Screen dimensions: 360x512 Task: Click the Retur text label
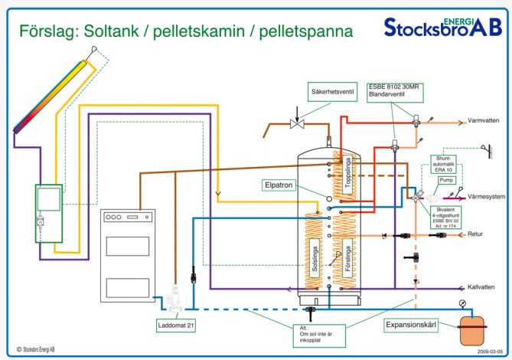[475, 234]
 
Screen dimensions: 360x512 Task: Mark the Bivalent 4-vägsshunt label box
[445, 217]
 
